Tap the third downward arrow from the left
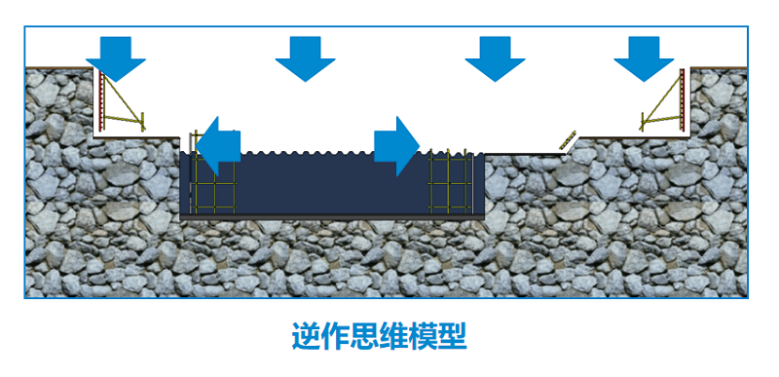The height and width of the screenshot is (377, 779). [x=495, y=57]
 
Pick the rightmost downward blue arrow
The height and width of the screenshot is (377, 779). [x=643, y=57]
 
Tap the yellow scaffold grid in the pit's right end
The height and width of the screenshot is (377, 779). [x=450, y=181]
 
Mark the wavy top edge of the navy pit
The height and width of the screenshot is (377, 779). [x=312, y=153]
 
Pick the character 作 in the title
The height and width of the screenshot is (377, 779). [x=343, y=337]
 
